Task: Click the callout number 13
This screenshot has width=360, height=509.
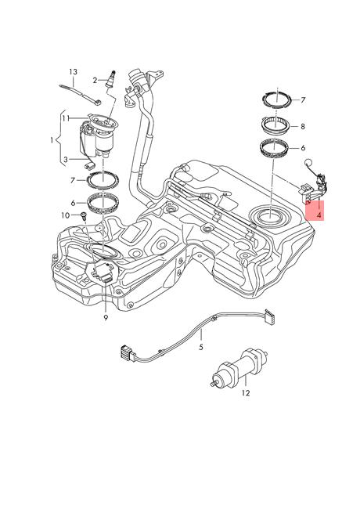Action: click(73, 71)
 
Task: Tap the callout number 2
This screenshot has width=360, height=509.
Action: click(95, 79)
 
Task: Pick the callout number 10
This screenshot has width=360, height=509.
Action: click(65, 214)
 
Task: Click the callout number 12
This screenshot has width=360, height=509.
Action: click(244, 393)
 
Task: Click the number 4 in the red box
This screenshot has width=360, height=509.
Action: click(319, 211)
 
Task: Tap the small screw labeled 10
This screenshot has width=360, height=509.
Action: click(81, 215)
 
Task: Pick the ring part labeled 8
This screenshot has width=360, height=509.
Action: click(273, 123)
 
